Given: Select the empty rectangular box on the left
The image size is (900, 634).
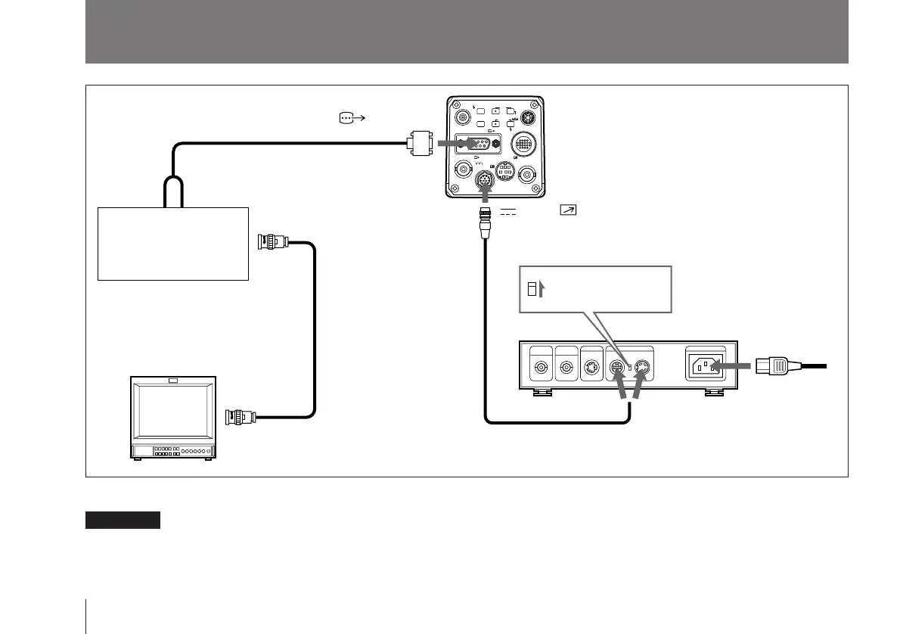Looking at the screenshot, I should coord(173,243).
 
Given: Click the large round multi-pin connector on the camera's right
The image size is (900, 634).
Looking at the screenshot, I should coord(523,144).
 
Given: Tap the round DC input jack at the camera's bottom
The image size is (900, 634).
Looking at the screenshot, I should coord(485,181).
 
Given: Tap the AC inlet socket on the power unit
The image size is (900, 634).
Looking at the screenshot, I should coord(705,367).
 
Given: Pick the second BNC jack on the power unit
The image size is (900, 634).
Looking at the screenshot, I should coord(566,369).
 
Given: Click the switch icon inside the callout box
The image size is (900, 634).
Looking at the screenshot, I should coord(533,288).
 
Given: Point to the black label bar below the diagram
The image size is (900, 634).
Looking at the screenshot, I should coord(123,520).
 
